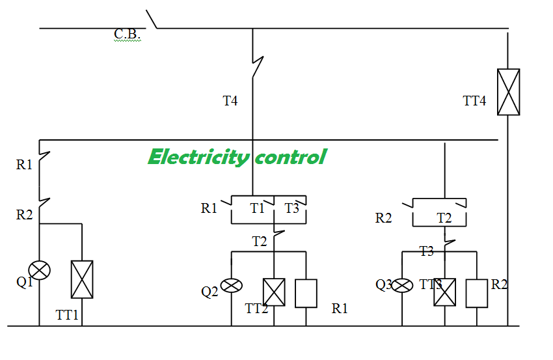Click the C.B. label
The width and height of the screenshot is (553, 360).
click(x=128, y=35)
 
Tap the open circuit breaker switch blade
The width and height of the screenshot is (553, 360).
click(x=152, y=19)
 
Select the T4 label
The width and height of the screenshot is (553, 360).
click(x=230, y=101)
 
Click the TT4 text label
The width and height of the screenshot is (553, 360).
click(x=474, y=101)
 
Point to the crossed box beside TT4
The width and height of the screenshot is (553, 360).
click(x=508, y=92)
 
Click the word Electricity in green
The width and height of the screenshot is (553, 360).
click(x=199, y=157)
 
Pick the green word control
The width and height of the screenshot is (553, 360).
click(x=291, y=157)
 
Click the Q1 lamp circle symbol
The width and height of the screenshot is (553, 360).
click(x=39, y=270)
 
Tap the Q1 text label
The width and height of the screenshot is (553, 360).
click(x=24, y=282)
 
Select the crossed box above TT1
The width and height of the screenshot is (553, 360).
click(x=82, y=279)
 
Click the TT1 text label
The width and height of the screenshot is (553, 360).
click(x=67, y=315)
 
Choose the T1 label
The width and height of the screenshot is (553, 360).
click(x=257, y=208)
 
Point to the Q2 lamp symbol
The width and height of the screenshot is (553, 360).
click(x=232, y=286)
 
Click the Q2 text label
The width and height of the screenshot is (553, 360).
click(x=209, y=292)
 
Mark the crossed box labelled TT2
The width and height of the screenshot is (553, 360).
click(x=274, y=292)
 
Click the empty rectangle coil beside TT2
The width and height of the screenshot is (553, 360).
click(x=306, y=294)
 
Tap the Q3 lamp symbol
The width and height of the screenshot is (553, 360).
click(x=402, y=286)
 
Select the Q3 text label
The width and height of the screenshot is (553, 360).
click(x=384, y=284)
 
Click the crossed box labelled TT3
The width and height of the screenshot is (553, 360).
click(x=445, y=292)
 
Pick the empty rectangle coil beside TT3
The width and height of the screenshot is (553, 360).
click(x=477, y=294)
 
